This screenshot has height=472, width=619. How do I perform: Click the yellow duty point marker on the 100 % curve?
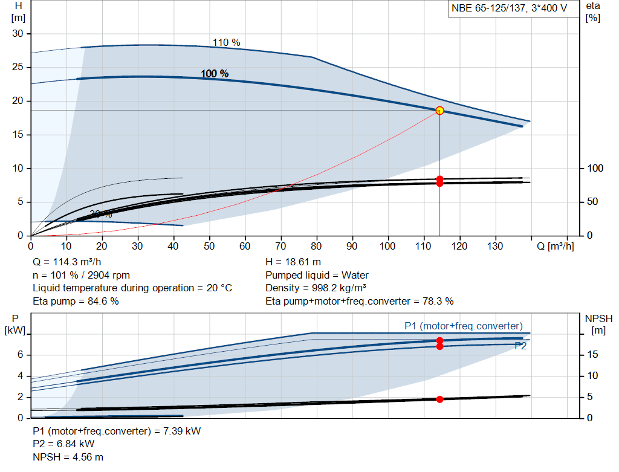[439, 111]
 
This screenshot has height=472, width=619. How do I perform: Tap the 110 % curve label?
[226, 42]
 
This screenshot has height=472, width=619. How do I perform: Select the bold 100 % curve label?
[215, 74]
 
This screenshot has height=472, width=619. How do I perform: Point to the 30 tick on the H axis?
[18, 34]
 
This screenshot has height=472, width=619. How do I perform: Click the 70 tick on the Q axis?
[281, 247]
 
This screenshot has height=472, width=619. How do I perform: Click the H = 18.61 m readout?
[293, 262]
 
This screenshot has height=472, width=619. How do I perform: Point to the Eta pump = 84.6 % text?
[76, 301]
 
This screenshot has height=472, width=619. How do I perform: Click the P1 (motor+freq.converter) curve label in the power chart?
[463, 326]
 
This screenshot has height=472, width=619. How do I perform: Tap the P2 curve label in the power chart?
[520, 346]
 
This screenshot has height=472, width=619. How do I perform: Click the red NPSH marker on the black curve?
[439, 399]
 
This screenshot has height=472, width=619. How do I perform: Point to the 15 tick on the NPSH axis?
[594, 354]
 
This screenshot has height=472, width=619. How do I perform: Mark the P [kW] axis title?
[14, 324]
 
